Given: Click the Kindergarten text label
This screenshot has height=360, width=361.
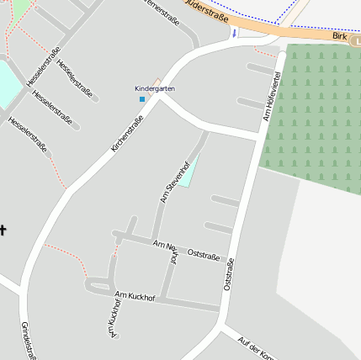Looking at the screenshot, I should pos(155,88).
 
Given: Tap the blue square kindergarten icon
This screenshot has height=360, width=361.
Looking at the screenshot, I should pos(142,99).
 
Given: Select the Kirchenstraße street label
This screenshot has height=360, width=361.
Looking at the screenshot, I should pos(128,134).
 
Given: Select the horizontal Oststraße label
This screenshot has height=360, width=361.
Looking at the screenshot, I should pos(204,253).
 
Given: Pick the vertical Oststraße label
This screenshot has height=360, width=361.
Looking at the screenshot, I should pos(228,274).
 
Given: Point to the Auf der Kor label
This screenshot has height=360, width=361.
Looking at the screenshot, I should pos(256,347).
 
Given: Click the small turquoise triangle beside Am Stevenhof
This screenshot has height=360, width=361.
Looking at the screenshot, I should pos(188,172).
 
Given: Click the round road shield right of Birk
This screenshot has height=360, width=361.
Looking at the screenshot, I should pos(357,40).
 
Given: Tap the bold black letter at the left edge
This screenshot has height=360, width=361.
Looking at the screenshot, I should pos(3,230).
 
